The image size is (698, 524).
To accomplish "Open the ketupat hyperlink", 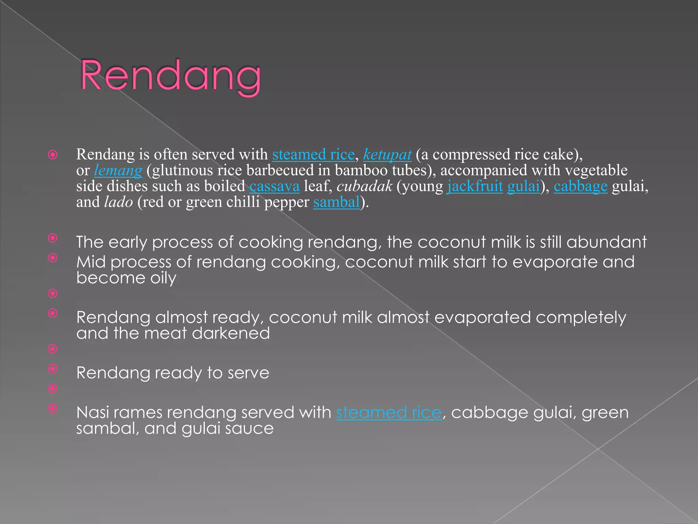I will click(x=387, y=155).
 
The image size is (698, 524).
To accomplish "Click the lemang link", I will click(x=118, y=170).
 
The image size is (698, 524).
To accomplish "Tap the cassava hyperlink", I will click(x=274, y=186).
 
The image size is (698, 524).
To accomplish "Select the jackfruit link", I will click(x=475, y=186).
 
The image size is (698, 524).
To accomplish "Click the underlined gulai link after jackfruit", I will click(x=523, y=186).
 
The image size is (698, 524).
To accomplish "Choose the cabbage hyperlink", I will click(x=580, y=186).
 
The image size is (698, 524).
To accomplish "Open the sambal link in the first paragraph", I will click(x=336, y=202).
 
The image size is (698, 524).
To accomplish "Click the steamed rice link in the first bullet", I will click(x=313, y=155).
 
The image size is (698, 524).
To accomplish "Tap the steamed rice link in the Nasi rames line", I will click(x=389, y=412).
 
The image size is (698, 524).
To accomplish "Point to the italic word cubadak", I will click(x=364, y=186).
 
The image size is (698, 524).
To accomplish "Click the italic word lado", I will click(x=118, y=202).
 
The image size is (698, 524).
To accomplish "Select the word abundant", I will click(x=606, y=242).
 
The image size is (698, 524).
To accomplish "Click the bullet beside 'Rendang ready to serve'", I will click(x=53, y=368).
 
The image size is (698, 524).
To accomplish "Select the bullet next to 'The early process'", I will click(x=53, y=238).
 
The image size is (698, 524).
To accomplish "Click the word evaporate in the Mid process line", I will click(x=555, y=262).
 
